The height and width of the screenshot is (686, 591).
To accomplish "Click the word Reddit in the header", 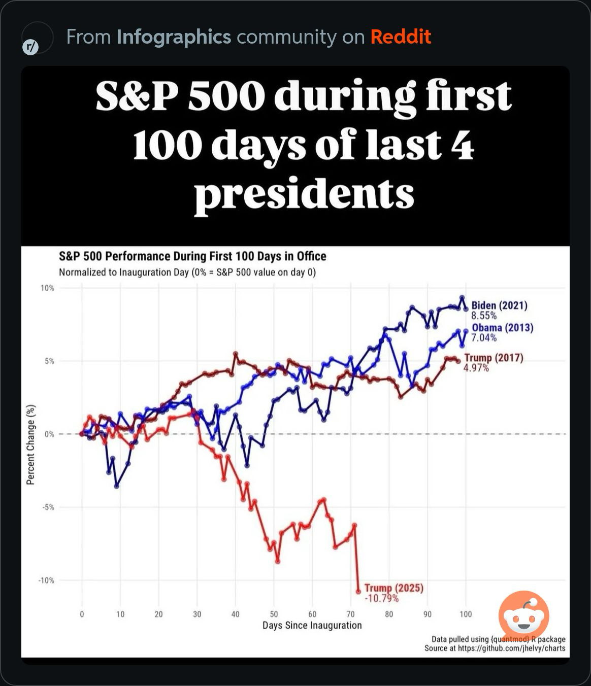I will (x=401, y=37).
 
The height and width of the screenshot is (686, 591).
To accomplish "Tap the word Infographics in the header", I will (x=174, y=37).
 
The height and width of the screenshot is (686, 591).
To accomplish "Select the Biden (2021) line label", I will (x=499, y=305).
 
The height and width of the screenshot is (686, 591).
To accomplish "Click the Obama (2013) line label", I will (x=502, y=328).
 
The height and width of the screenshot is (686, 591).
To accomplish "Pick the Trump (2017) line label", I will (x=493, y=358).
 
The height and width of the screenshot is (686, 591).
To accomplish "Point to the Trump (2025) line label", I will (x=393, y=588).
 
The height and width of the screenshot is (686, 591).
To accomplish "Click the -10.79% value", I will (x=381, y=598).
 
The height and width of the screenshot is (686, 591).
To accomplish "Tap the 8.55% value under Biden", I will (x=484, y=316).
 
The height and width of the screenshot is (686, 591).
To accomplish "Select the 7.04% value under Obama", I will (x=484, y=337).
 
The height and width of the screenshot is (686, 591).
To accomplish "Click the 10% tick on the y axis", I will (x=47, y=288).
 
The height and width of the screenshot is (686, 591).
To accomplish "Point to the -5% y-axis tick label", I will (x=48, y=507).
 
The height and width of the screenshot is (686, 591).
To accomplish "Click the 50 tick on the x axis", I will (x=274, y=614).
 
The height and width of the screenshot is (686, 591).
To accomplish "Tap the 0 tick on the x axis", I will (x=82, y=614).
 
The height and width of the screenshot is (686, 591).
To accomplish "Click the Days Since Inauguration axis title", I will (x=312, y=625).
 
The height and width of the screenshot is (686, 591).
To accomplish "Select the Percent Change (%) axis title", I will (x=31, y=444).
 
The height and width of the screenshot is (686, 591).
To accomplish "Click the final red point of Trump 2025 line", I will (x=358, y=591).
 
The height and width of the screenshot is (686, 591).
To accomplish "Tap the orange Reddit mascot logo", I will (x=523, y=615).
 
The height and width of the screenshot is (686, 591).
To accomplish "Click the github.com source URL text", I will (x=511, y=648).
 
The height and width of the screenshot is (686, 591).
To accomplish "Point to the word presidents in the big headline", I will (x=304, y=194).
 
